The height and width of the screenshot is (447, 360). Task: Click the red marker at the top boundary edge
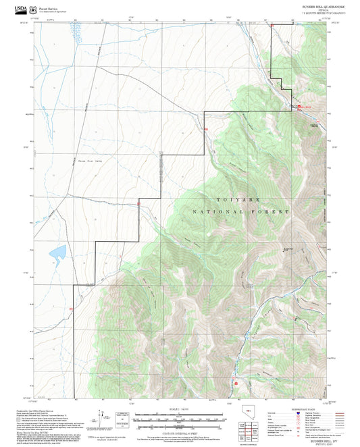click(272, 26)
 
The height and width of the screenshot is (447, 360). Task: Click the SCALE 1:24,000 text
click(179, 411)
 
